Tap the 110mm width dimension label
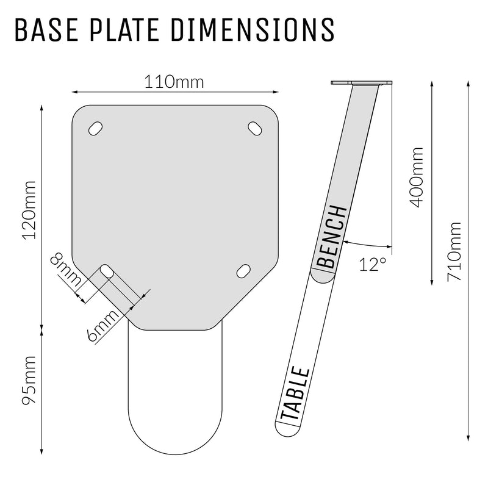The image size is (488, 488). pos(174,81)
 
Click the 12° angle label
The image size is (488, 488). pos(373,264)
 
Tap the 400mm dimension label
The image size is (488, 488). pos(417,177)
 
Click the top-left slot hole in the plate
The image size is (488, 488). pos(96,128)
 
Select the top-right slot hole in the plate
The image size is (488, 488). pos(254,128)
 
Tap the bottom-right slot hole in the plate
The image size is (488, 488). pos(243,270)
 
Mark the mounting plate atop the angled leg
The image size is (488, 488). pos(361,84)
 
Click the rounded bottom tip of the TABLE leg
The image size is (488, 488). pos(284,429)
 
